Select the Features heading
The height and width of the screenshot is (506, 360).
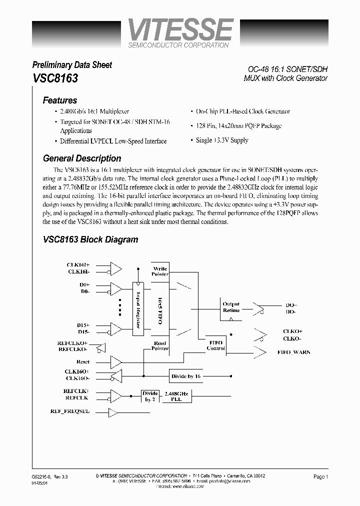click(x=60, y=100)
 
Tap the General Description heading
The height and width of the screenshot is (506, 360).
click(x=82, y=158)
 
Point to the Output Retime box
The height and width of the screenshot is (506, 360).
click(x=231, y=307)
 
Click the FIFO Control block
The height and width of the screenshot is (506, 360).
click(x=216, y=344)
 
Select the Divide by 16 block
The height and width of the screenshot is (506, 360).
click(x=186, y=376)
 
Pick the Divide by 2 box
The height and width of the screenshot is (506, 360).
click(x=150, y=396)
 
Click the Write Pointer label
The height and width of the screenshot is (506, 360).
click(x=160, y=271)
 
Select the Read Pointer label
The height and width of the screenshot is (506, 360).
click(x=159, y=345)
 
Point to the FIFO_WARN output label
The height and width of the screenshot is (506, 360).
click(x=293, y=352)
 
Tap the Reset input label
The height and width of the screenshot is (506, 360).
click(x=82, y=361)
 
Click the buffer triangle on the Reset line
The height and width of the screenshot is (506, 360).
click(x=115, y=361)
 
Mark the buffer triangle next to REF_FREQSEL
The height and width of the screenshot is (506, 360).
click(x=112, y=412)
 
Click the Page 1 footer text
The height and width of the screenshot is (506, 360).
click(x=320, y=477)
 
